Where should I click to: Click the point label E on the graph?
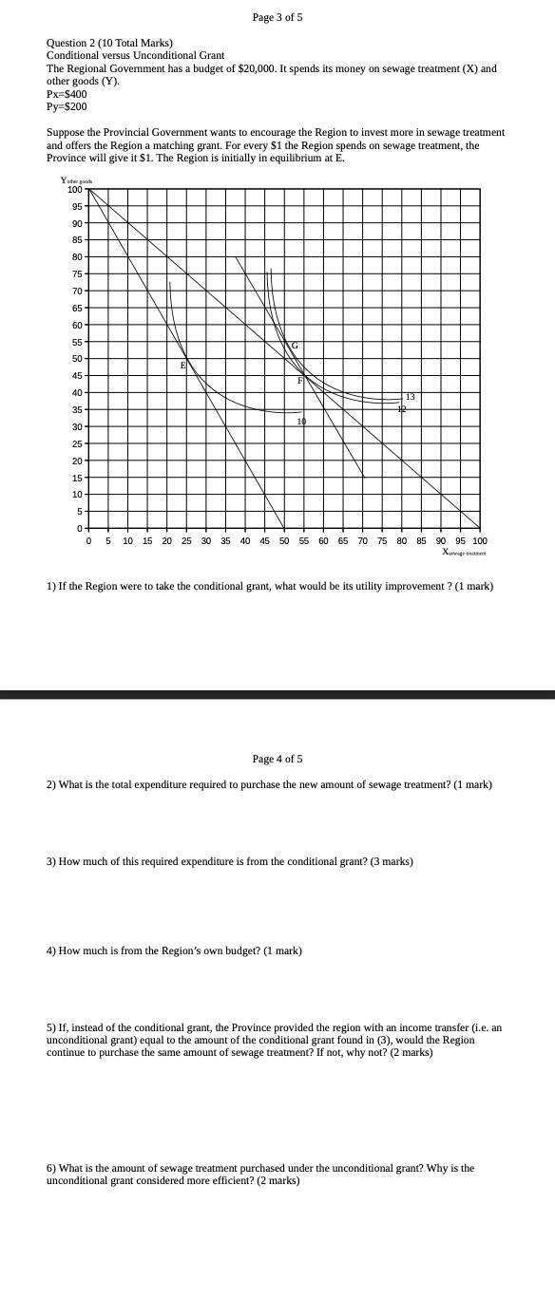(x=182, y=366)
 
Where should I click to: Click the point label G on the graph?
(x=295, y=346)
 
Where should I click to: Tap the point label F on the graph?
(x=299, y=381)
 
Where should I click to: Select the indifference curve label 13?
(x=410, y=396)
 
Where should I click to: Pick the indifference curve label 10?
(x=301, y=421)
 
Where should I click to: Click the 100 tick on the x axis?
(x=479, y=541)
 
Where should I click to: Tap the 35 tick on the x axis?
(x=225, y=541)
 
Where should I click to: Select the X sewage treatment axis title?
(x=464, y=552)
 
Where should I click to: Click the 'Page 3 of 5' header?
(x=277, y=17)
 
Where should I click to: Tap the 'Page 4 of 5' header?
(x=277, y=759)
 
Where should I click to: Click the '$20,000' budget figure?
(x=267, y=69)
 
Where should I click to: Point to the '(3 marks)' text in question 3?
(x=391, y=861)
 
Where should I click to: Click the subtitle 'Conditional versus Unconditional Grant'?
(x=135, y=56)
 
